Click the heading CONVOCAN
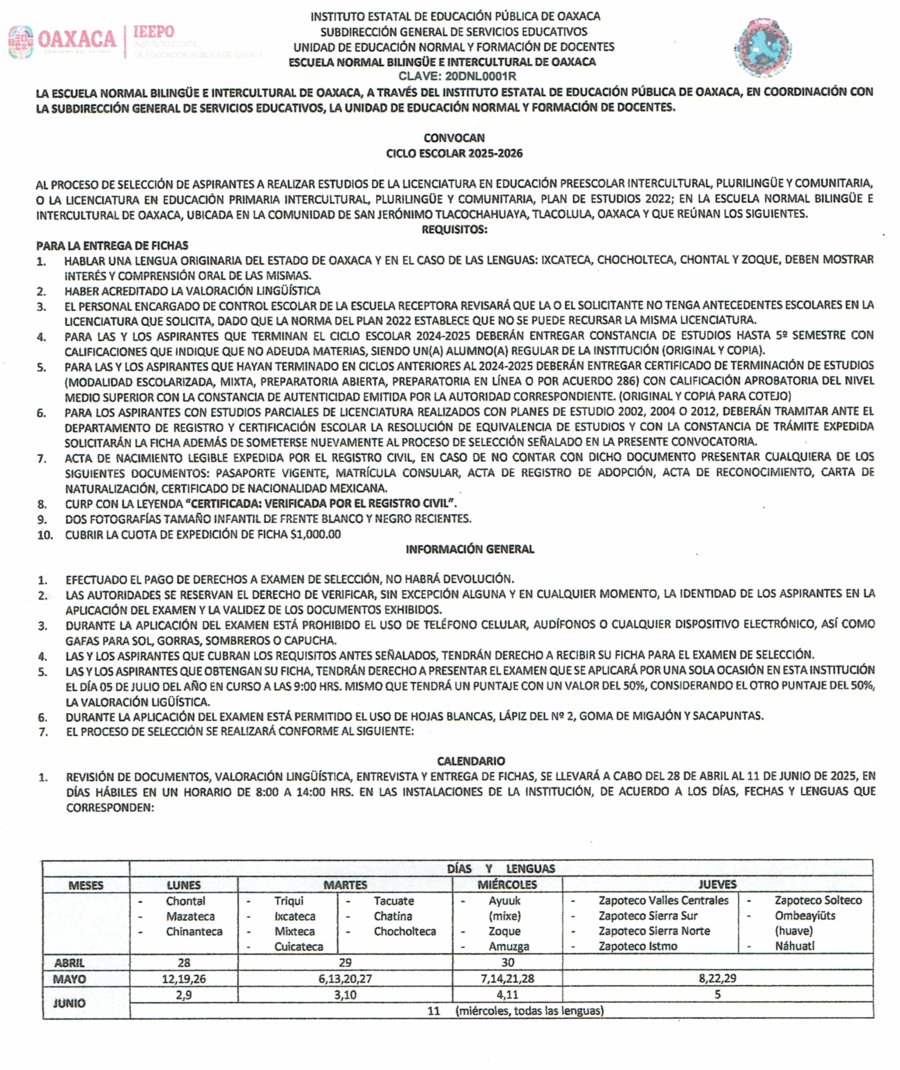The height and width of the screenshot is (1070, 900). (453, 138)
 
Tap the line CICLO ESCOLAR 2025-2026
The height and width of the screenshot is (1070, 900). (453, 153)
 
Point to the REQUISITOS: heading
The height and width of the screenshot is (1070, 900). (453, 229)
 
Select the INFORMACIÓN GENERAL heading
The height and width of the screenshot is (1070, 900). (470, 549)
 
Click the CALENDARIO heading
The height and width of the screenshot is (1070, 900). (470, 761)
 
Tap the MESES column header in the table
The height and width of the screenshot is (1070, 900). (86, 885)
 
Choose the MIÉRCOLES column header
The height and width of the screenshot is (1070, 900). (507, 885)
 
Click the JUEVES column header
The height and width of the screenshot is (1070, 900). (717, 885)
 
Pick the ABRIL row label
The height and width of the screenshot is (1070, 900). (70, 963)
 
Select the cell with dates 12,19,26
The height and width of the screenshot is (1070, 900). (184, 979)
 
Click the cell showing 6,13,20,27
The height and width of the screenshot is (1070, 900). (345, 979)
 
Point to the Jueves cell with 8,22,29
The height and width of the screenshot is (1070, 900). (717, 979)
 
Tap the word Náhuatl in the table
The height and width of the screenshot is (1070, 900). (794, 946)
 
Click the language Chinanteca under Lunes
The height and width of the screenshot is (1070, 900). (194, 931)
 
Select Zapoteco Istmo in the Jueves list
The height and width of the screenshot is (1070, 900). (637, 946)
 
